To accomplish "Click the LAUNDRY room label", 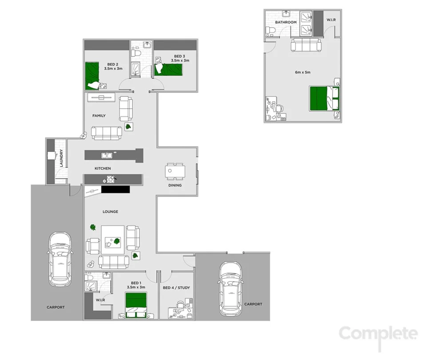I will [x=61, y=158].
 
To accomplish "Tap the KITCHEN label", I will [x=103, y=168].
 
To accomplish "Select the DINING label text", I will [x=175, y=185].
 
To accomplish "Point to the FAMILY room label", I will [x=99, y=116].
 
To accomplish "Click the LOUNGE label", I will [x=110, y=212].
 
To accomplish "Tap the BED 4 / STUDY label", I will [x=176, y=288].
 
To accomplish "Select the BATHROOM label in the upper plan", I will [x=286, y=22].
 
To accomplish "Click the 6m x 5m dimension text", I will [x=303, y=72].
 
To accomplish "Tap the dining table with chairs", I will [x=175, y=171].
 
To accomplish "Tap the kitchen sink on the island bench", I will [x=107, y=155].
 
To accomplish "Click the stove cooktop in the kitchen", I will [x=109, y=180].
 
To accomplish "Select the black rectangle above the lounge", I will [x=115, y=189].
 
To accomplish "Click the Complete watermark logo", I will [x=378, y=333].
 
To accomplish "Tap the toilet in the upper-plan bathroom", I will [x=270, y=30].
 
